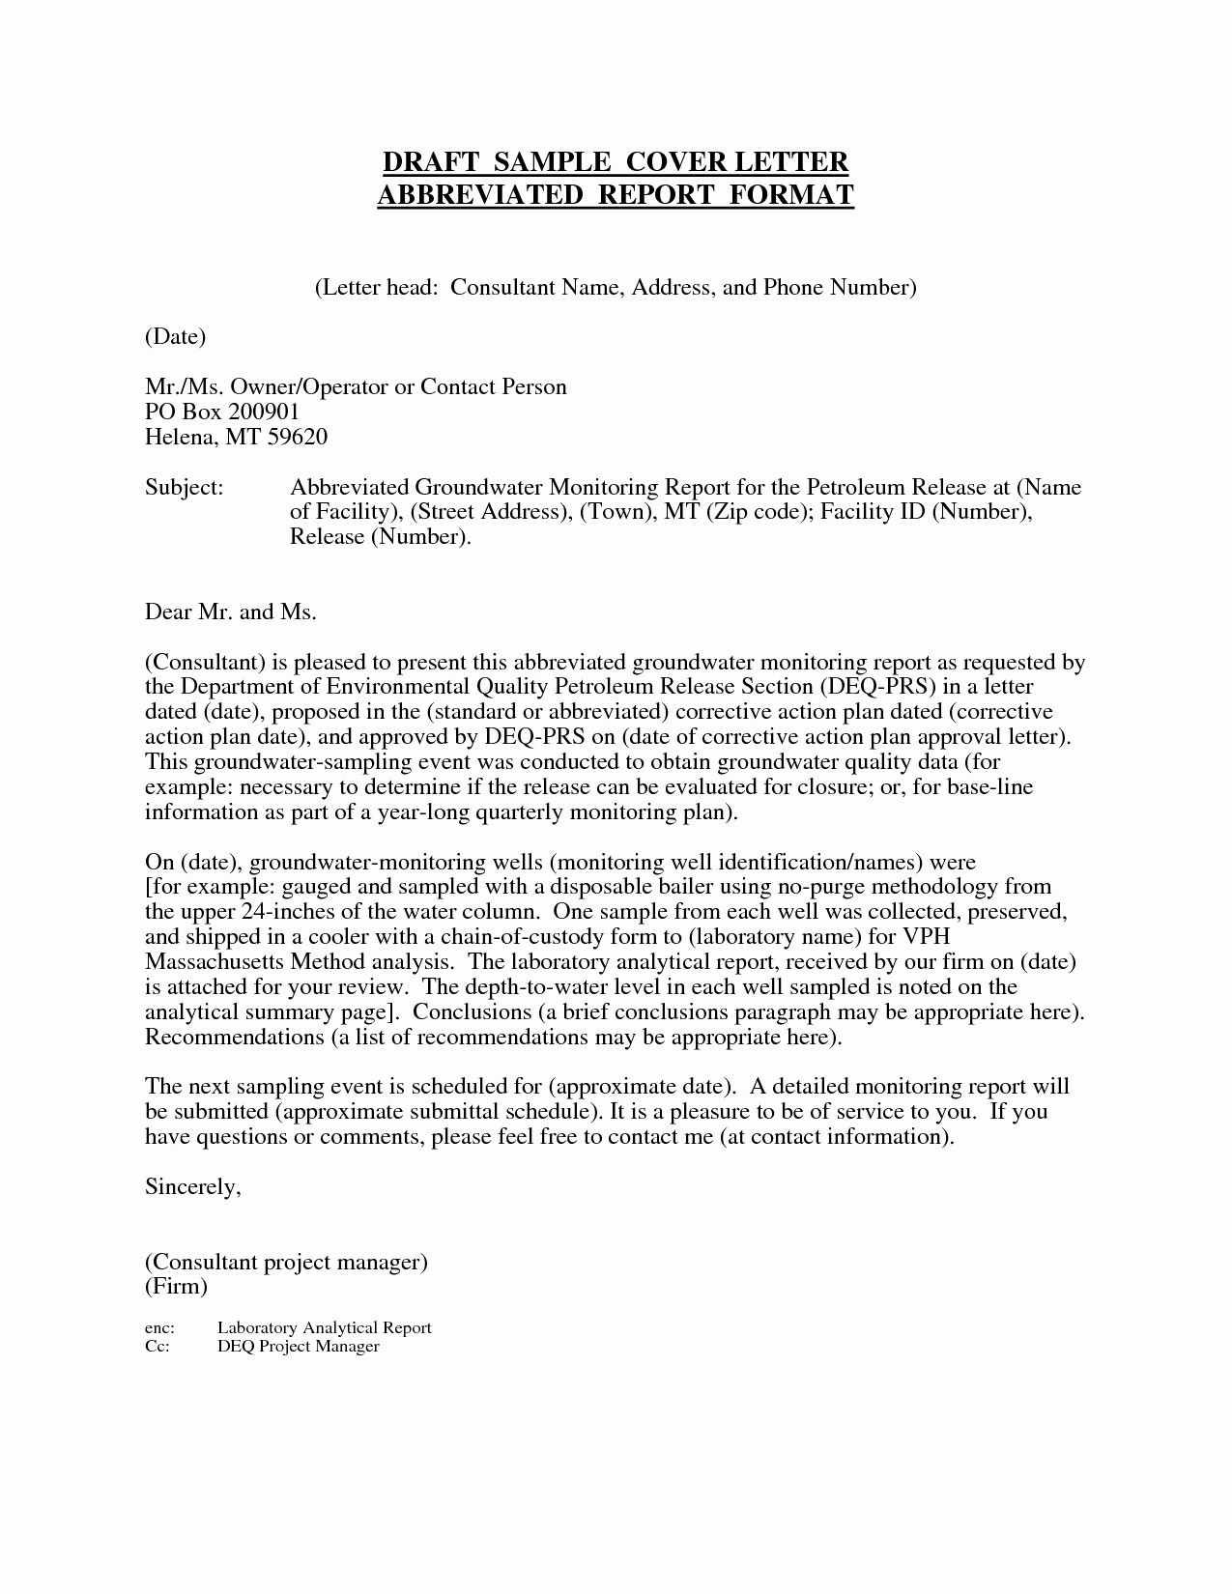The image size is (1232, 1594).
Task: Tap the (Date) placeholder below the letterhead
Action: (x=175, y=336)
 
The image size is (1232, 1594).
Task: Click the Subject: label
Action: (x=184, y=487)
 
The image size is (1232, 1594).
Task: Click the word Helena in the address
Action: (x=181, y=437)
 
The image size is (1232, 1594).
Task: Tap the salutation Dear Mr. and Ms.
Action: (x=230, y=612)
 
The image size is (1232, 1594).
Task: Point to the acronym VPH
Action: (x=926, y=937)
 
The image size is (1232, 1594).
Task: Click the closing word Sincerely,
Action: (x=192, y=1186)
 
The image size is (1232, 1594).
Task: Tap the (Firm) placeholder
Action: (x=176, y=1287)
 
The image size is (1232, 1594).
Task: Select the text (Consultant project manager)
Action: (x=286, y=1262)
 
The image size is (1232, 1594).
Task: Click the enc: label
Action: (x=159, y=1328)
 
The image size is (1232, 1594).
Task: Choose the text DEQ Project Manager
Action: (x=298, y=1347)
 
